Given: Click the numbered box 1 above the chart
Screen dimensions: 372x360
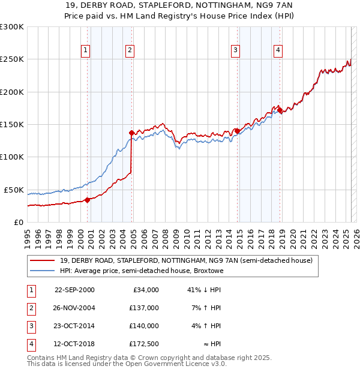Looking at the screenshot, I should point(86,51).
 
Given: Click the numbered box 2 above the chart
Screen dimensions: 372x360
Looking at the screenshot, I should point(130,51).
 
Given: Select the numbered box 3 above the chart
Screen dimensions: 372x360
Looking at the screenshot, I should point(236,51).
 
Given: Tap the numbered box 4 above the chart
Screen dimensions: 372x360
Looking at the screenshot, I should point(278,51).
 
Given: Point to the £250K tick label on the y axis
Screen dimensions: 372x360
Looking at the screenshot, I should point(12,59).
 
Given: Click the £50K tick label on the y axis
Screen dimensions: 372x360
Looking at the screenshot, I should point(14,190).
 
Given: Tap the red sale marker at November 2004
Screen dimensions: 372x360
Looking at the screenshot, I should point(132,133).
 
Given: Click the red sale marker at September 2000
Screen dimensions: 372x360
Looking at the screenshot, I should point(88,200).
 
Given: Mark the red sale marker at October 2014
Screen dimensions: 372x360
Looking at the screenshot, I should point(237,131).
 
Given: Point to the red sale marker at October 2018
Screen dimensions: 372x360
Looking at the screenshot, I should point(280,110).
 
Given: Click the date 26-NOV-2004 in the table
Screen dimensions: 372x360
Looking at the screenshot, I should point(74,308).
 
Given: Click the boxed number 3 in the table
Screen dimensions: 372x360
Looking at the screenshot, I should point(30,326).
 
